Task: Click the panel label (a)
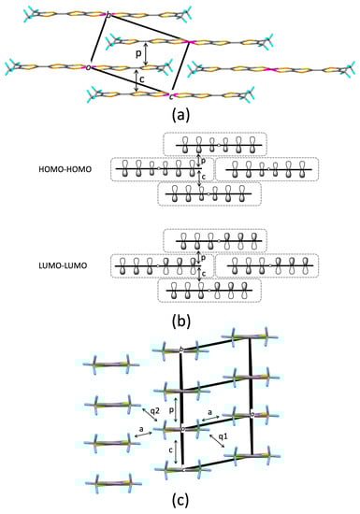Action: pos(180,117)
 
